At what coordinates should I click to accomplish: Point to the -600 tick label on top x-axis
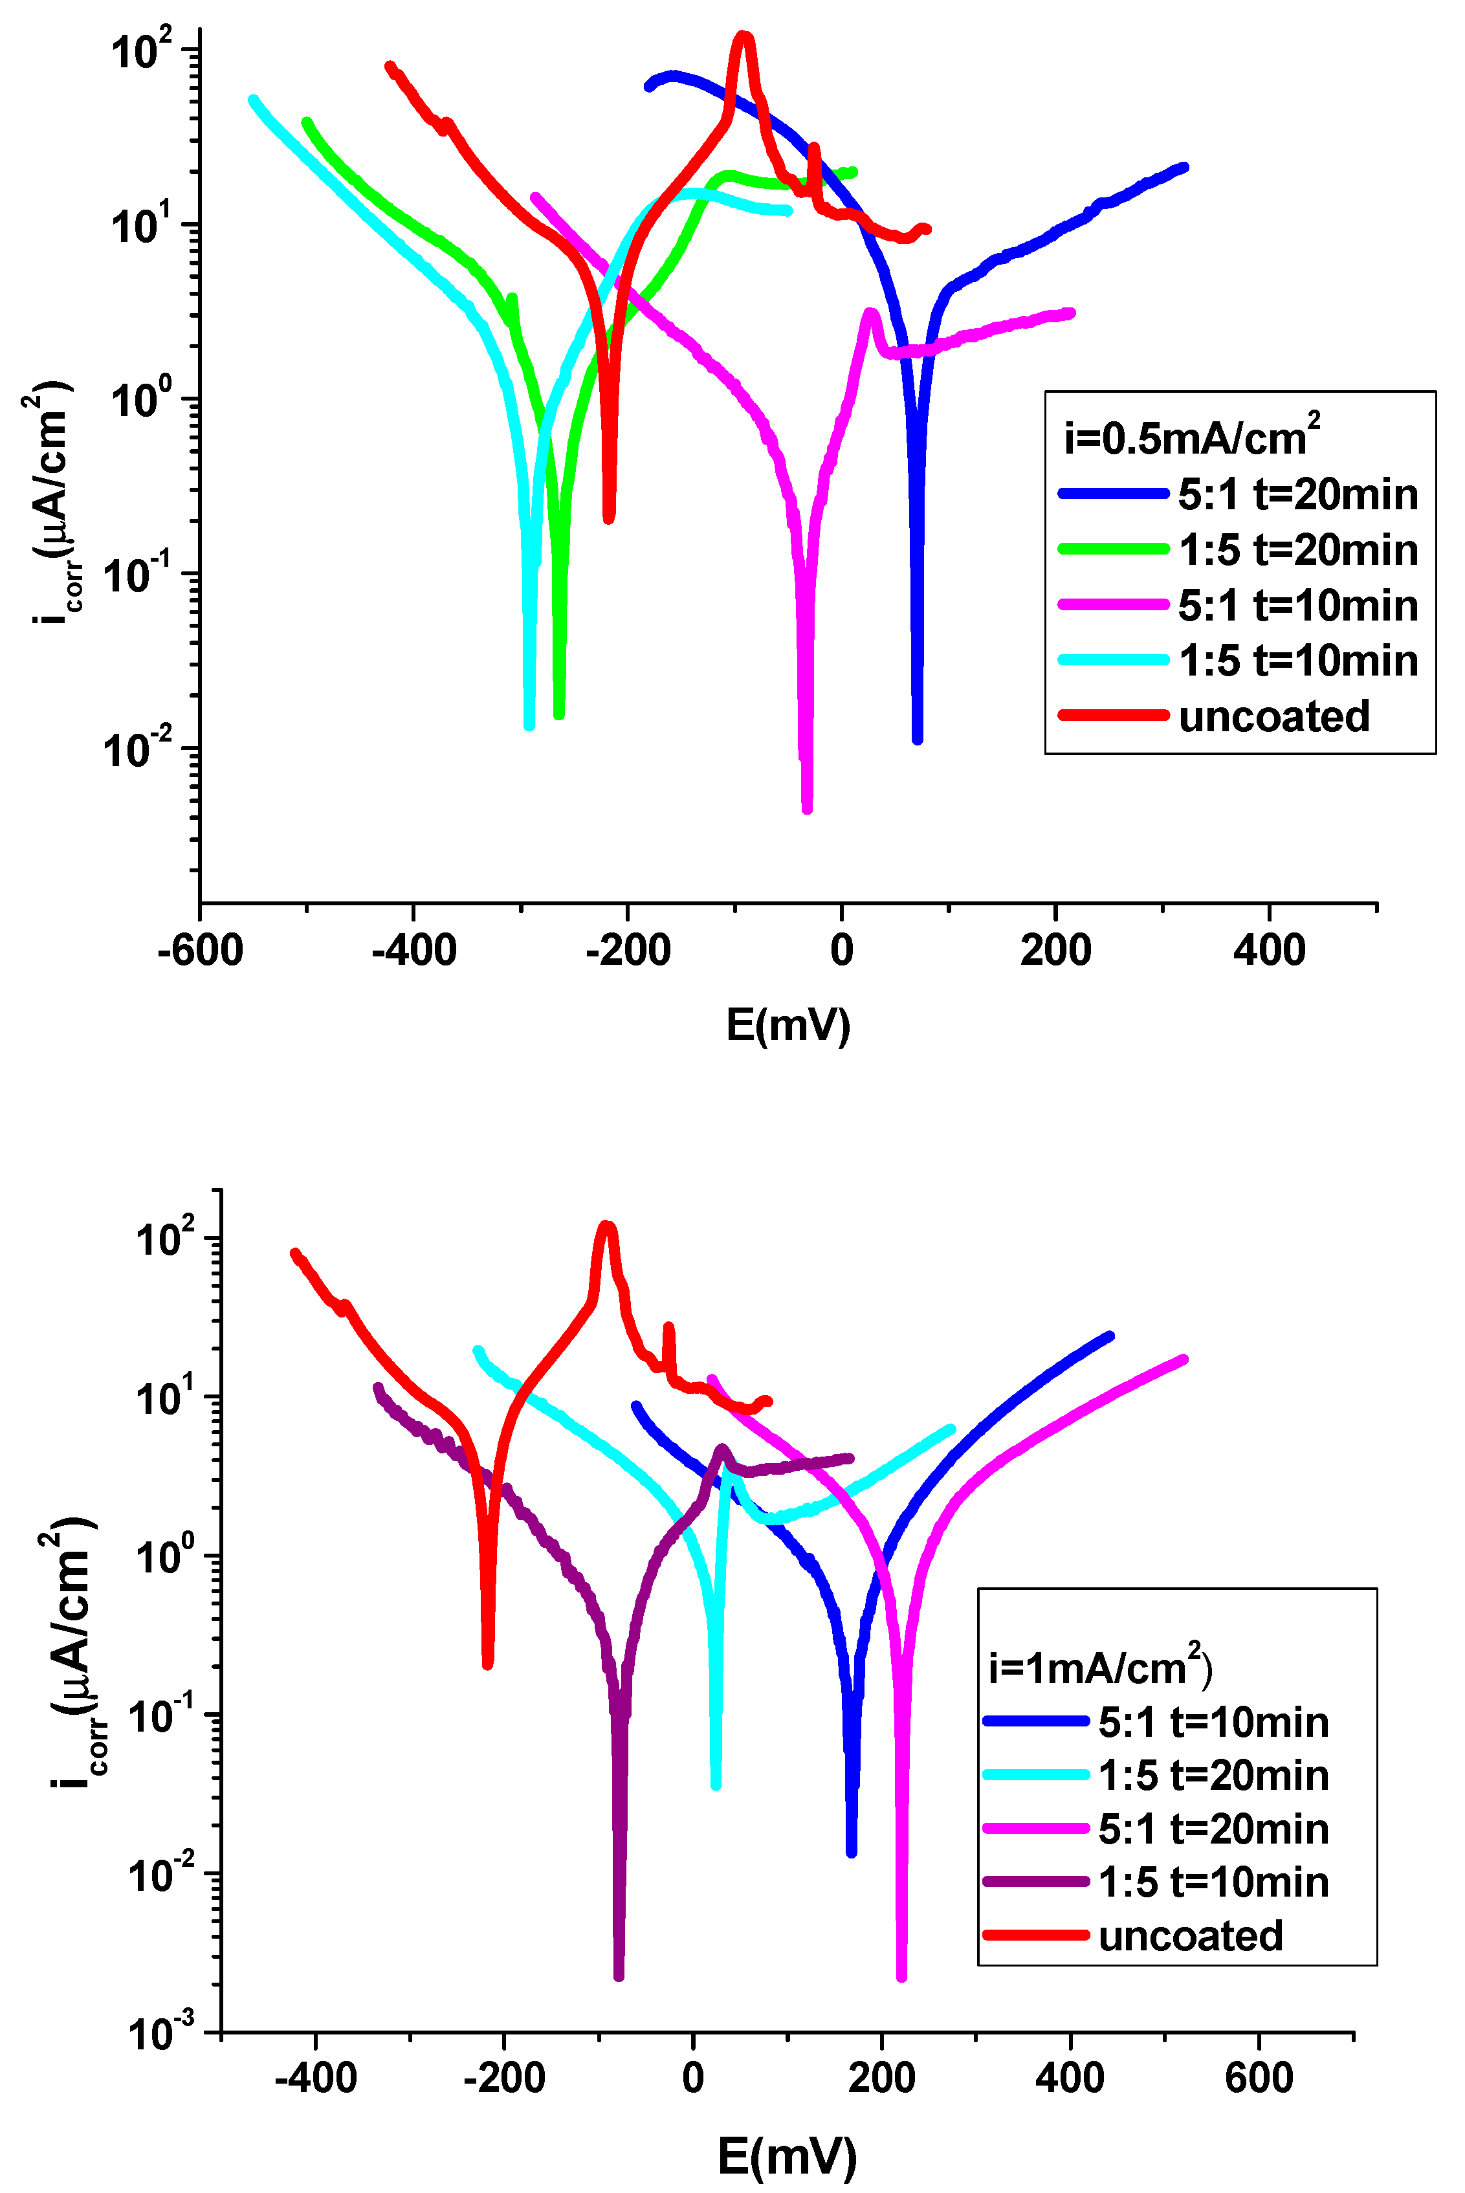pos(200,951)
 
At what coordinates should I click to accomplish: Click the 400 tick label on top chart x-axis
pos(1269,951)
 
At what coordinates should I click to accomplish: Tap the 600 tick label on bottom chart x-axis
pos(1259,2077)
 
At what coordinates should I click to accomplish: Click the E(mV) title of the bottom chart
pos(787,2155)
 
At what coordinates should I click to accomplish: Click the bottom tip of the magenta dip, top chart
pos(808,808)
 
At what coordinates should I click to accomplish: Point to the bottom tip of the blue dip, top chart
pos(918,739)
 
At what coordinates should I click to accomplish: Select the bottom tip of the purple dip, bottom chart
pos(619,1976)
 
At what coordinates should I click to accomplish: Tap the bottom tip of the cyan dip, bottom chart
pos(716,1785)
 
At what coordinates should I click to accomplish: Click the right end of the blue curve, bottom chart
pos(1110,1337)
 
